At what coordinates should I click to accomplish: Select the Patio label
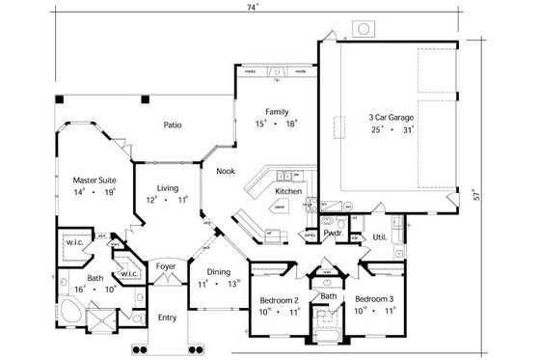173,125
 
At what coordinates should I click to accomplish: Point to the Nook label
226,171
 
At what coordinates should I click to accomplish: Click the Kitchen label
288,192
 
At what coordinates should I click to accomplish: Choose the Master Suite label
94,180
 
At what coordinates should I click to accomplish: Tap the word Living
167,188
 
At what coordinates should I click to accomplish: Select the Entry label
168,317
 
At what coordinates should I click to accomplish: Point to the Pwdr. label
334,234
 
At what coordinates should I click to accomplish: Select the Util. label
380,235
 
